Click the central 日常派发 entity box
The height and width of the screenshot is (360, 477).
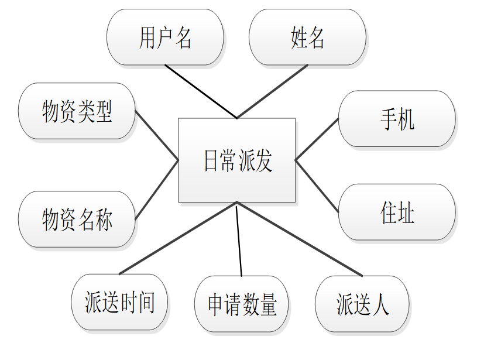[x=236, y=160]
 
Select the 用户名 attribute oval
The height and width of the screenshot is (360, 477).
[x=165, y=37]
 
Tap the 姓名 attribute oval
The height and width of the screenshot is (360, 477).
[x=307, y=37]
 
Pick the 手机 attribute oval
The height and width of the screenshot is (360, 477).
[x=397, y=119]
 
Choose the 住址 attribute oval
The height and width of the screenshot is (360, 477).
[x=397, y=212]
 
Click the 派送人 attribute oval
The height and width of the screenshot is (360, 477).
[x=362, y=304]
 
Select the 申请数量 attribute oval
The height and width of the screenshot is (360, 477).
[x=241, y=304]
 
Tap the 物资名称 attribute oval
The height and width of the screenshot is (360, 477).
[x=77, y=219]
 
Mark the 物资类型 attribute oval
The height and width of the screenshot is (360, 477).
[x=77, y=111]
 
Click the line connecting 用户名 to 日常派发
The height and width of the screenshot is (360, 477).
[x=201, y=91]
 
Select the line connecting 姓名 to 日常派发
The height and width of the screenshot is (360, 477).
[x=272, y=91]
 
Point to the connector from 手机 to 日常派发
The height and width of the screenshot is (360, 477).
[x=317, y=139]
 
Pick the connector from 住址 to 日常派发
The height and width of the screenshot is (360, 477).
[x=317, y=186]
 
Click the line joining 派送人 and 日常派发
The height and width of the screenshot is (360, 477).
[x=299, y=238]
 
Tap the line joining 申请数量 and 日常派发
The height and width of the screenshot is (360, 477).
[x=239, y=239]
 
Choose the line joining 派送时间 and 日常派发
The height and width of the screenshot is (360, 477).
[x=178, y=238]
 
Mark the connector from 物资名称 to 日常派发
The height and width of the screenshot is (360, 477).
[x=156, y=190]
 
